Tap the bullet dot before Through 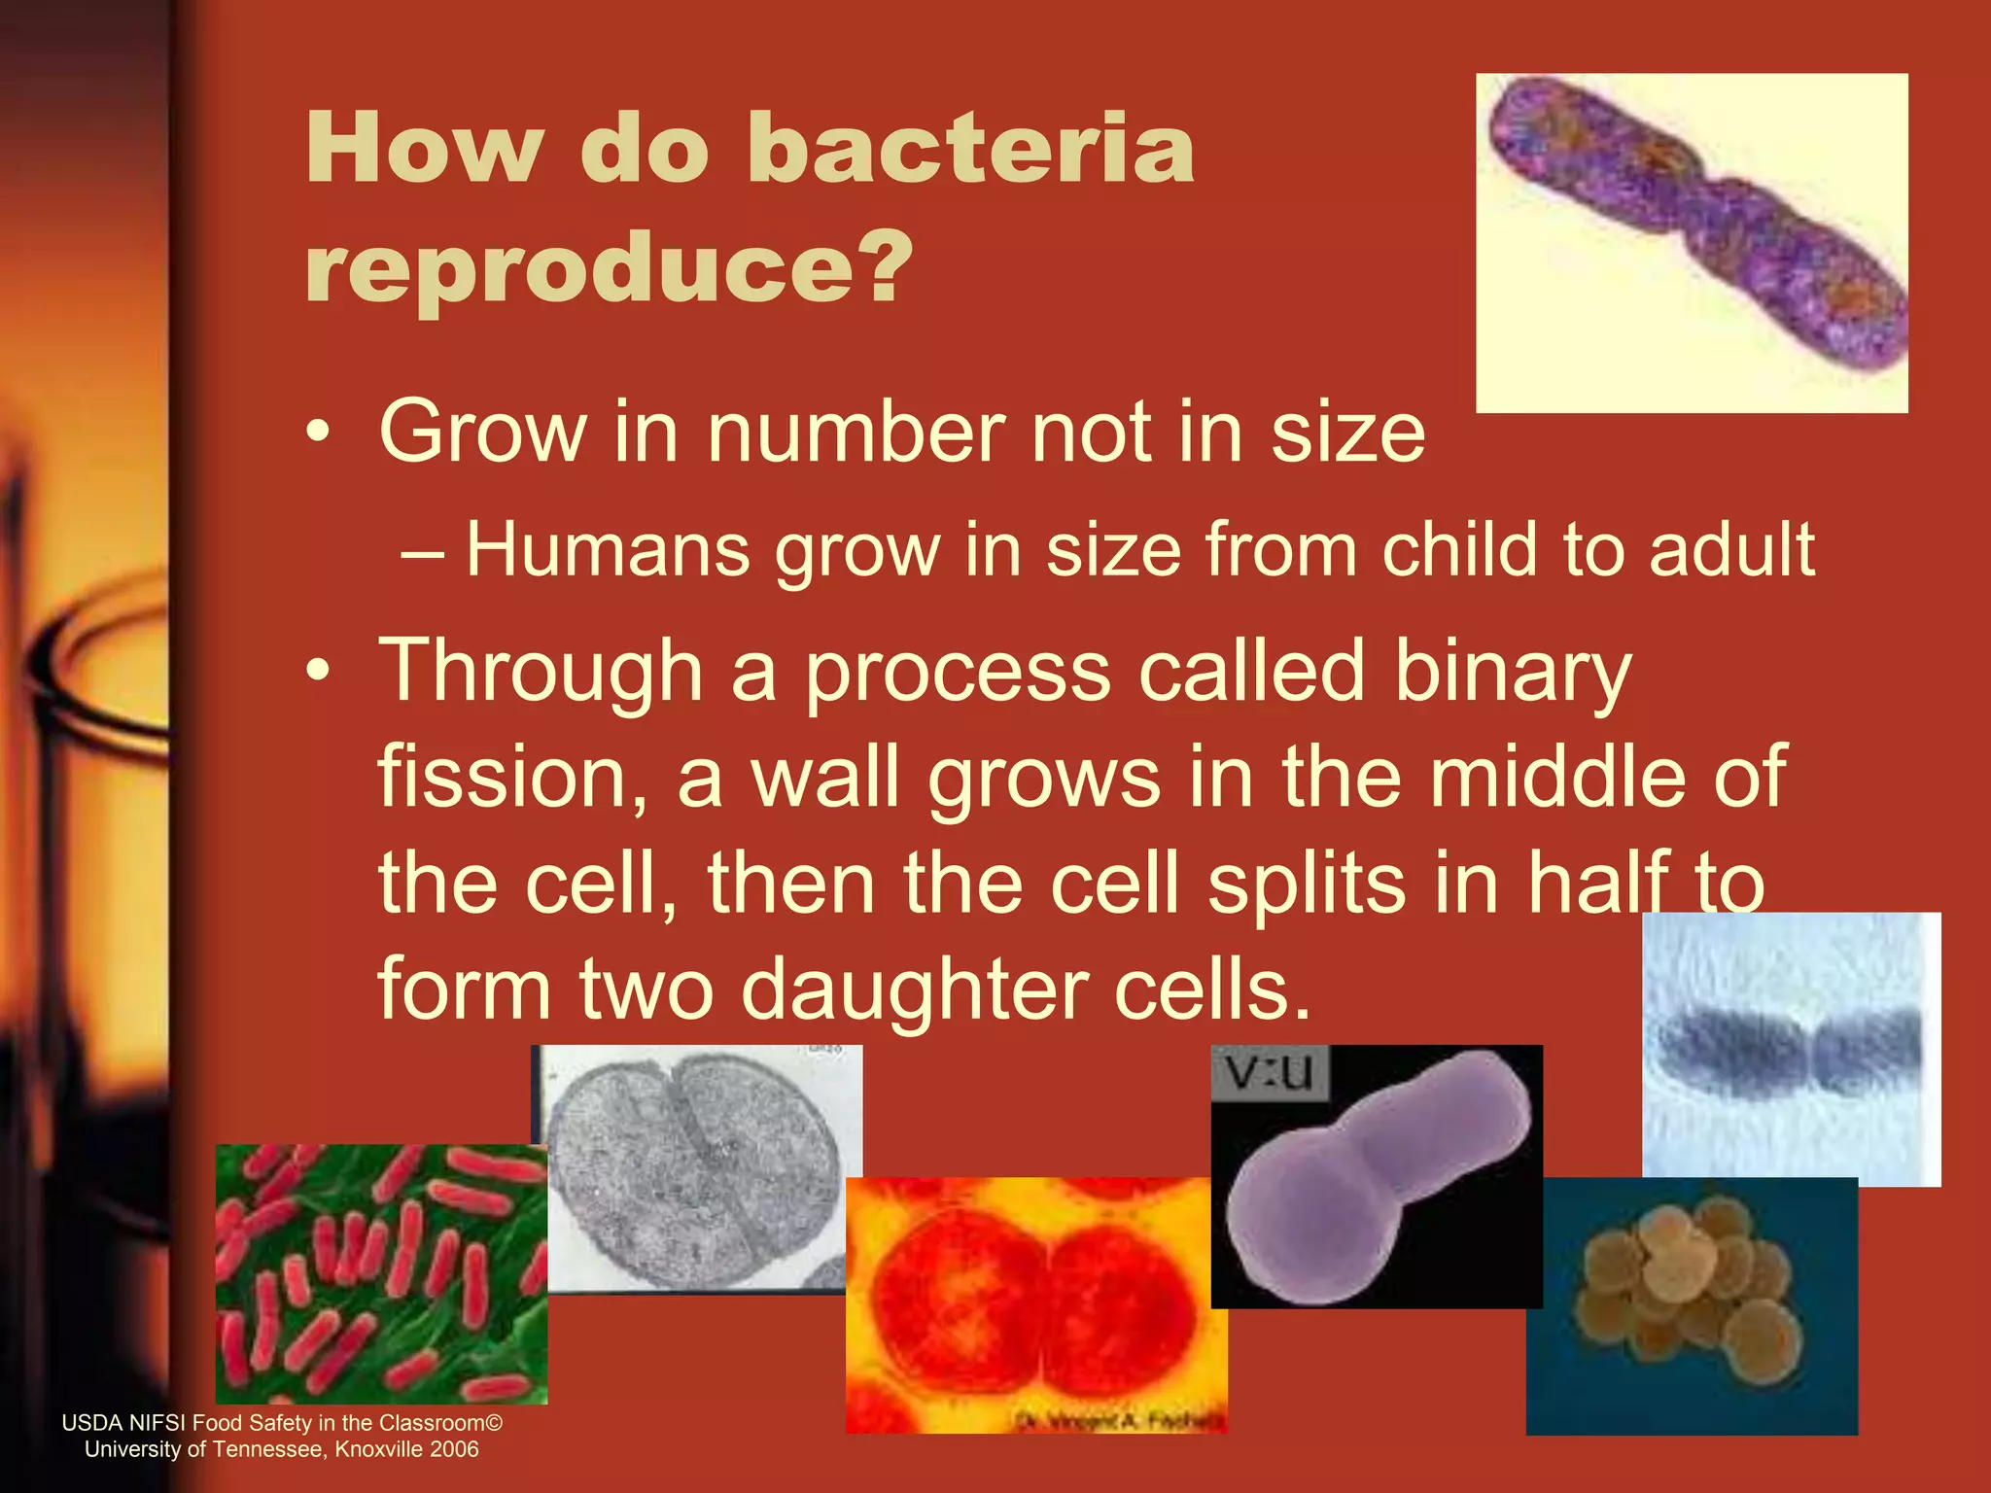[318, 671]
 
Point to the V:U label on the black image [1269, 1073]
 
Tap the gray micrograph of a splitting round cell [695, 1166]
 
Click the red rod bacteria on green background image [380, 1273]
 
